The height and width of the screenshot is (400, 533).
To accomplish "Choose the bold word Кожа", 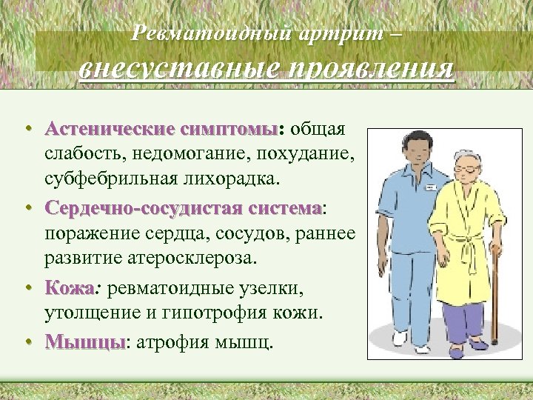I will (x=69, y=287).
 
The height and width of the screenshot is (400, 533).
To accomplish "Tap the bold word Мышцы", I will (x=84, y=341).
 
